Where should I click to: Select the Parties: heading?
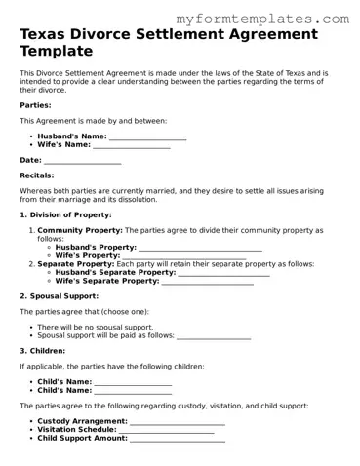pos(37,104)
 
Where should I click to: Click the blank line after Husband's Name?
pos(147,136)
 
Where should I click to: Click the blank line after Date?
pos(83,160)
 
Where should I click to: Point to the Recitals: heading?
pos(40,175)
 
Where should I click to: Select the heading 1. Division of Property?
pos(65,214)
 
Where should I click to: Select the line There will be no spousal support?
pos(95,327)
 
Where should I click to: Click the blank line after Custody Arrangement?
pos(178,421)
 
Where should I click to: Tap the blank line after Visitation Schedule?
pos(171,430)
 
